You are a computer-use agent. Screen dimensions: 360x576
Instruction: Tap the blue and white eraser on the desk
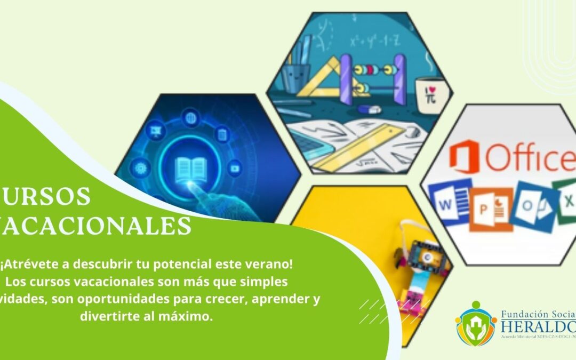point(369,109)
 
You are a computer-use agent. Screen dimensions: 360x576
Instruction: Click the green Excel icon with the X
point(565,201)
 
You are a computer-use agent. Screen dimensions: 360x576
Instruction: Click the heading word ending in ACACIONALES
point(96,226)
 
